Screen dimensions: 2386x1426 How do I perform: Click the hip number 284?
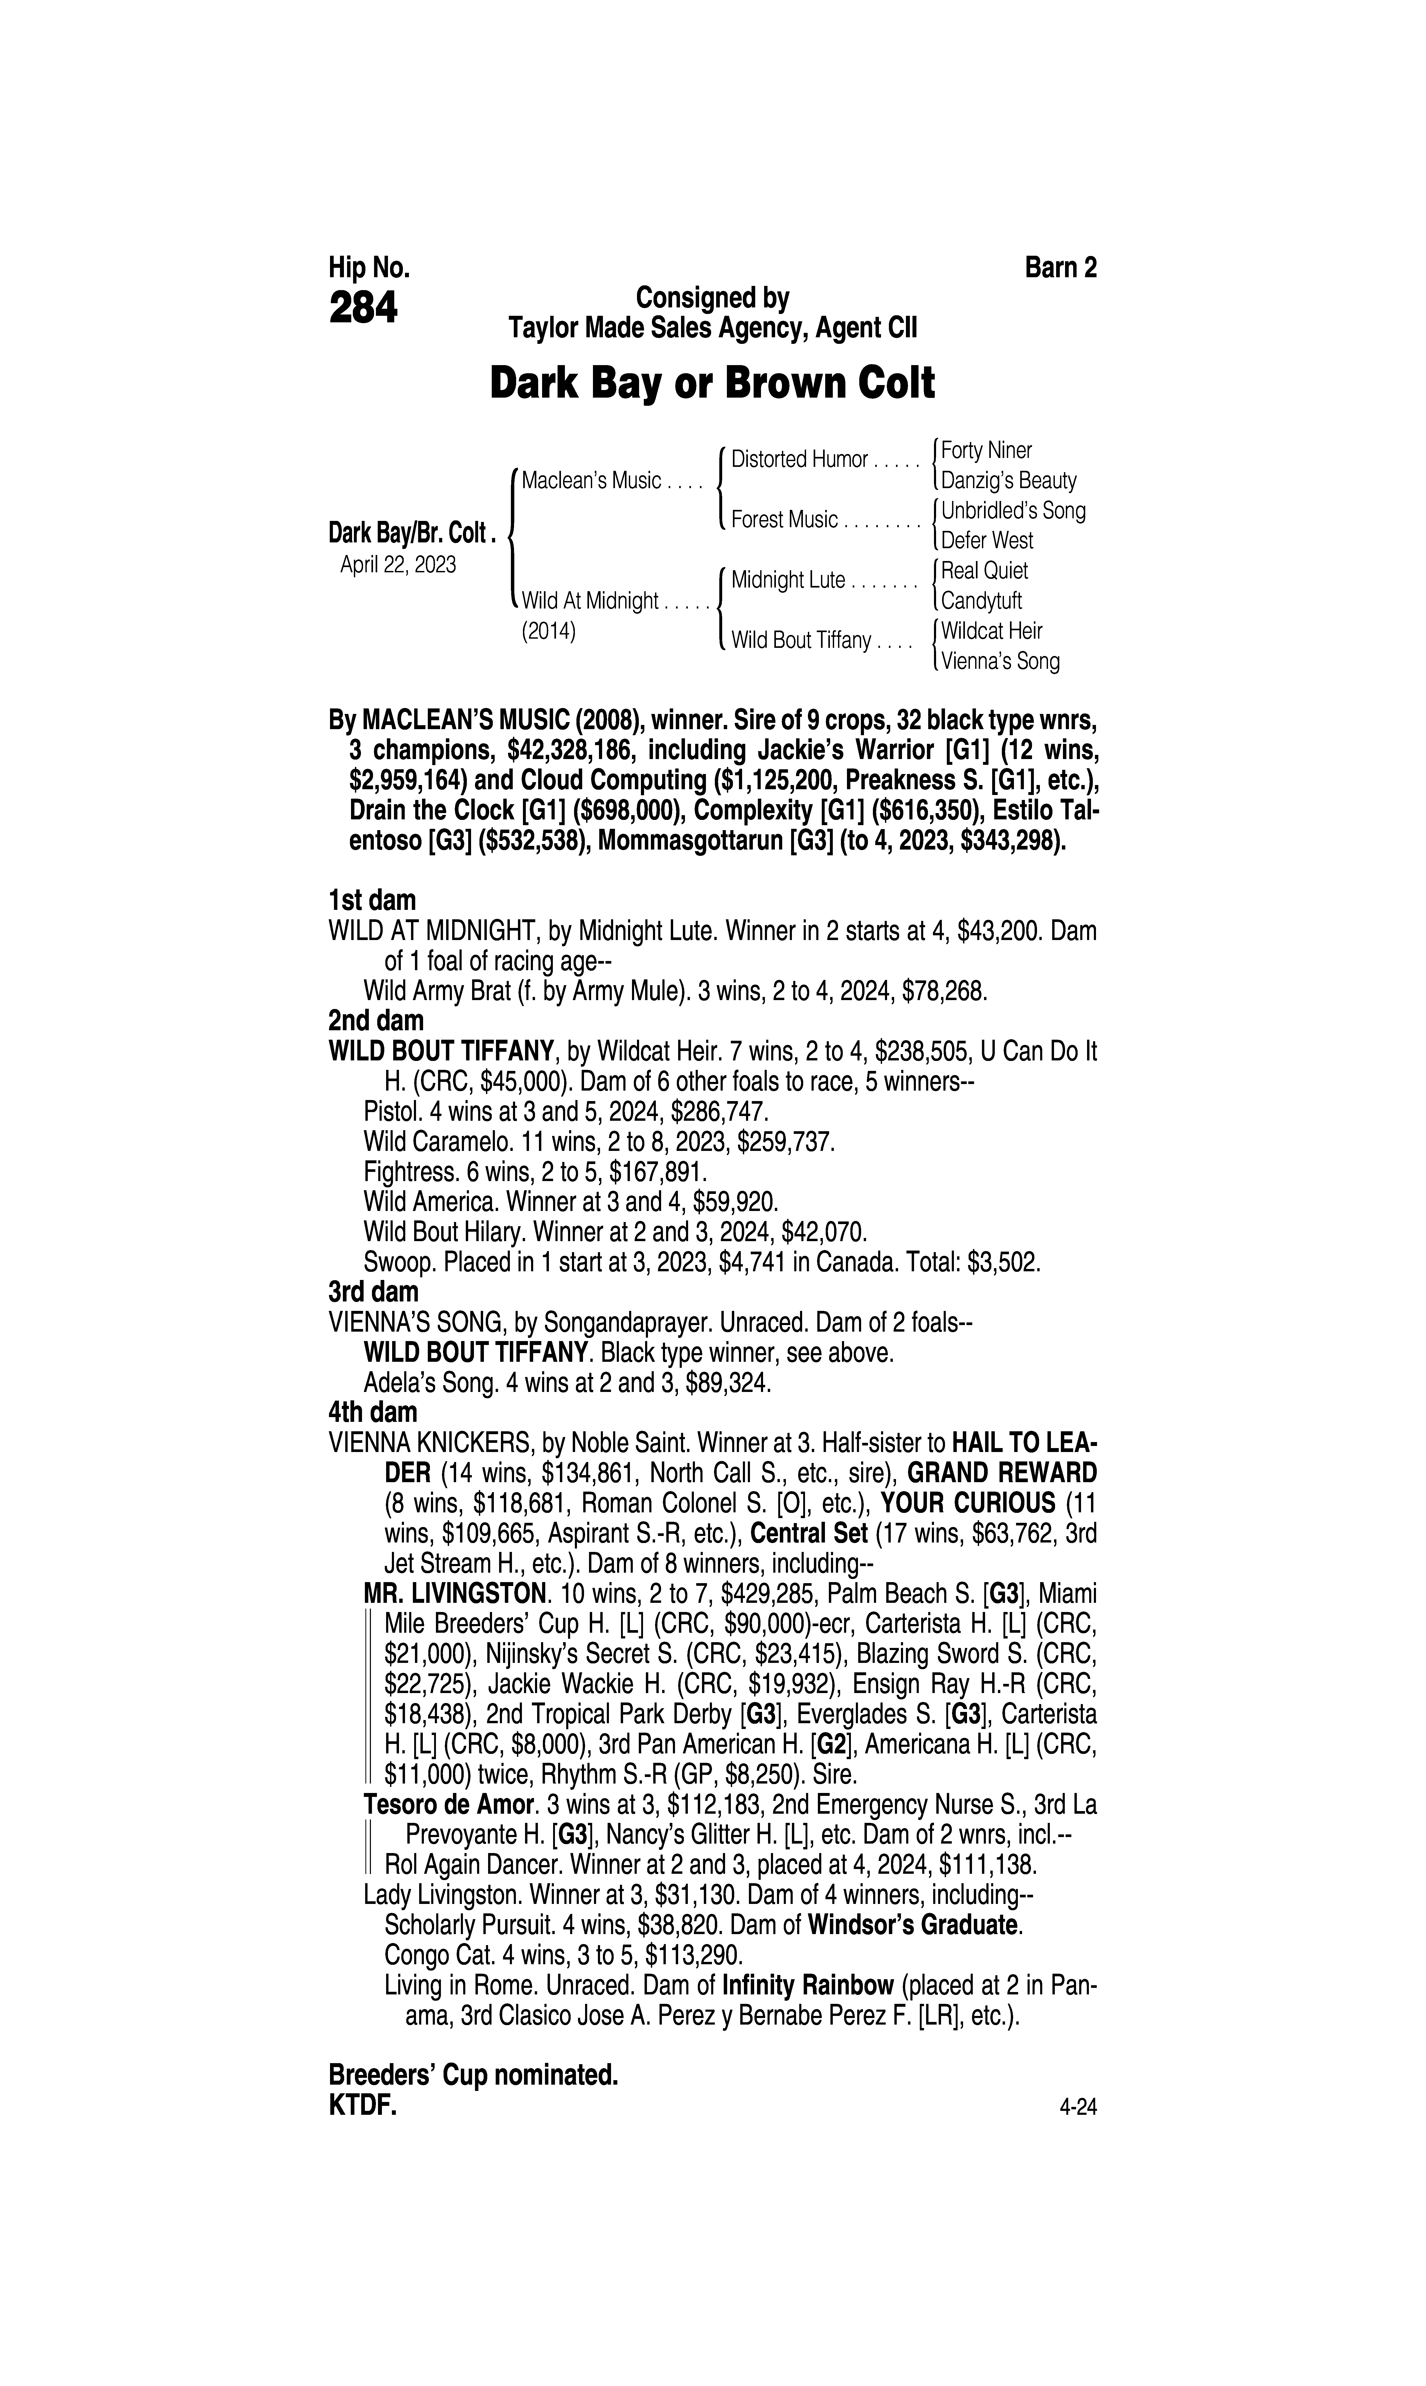(x=363, y=309)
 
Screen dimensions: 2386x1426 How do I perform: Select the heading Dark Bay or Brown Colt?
(x=712, y=383)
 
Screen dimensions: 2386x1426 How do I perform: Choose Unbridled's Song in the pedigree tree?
(x=1013, y=510)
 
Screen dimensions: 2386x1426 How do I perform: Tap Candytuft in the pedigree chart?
(x=981, y=601)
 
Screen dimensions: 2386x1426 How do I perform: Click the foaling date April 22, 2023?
(x=398, y=564)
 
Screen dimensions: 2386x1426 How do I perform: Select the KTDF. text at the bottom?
(x=362, y=2106)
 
